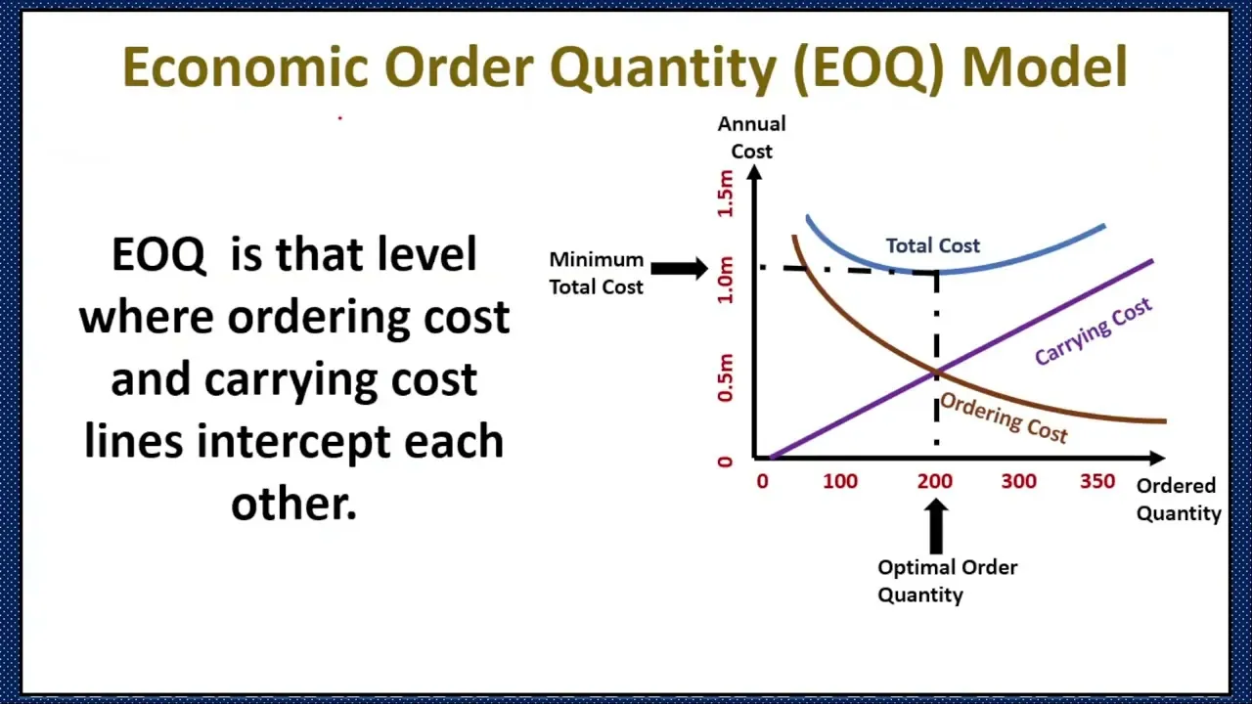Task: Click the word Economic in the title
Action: click(x=245, y=68)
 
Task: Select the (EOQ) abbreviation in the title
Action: click(x=869, y=68)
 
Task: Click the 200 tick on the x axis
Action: click(x=934, y=481)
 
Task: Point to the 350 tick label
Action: click(x=1097, y=481)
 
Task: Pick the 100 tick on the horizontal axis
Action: click(x=839, y=481)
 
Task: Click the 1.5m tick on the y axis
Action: click(x=725, y=194)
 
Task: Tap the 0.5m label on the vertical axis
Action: click(x=725, y=378)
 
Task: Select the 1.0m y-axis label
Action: click(x=725, y=280)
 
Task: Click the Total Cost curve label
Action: click(x=932, y=245)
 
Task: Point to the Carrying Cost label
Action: click(x=1093, y=331)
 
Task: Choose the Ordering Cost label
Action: click(x=1003, y=418)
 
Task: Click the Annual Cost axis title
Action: click(x=751, y=137)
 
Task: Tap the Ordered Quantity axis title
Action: click(x=1178, y=499)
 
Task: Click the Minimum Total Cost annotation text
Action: click(x=596, y=273)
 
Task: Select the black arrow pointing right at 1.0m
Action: click(x=679, y=268)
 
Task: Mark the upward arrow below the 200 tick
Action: click(x=936, y=526)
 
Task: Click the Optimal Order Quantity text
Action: click(x=946, y=581)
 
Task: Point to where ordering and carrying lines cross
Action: click(x=936, y=373)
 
